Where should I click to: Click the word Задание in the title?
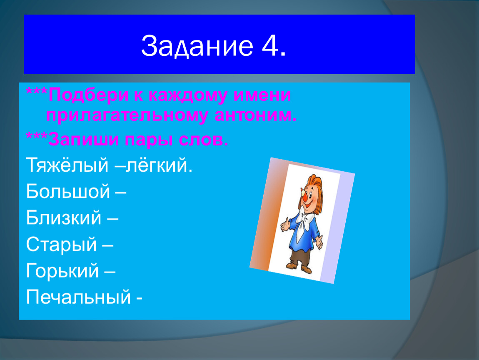(197, 47)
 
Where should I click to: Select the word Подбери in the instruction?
(88, 95)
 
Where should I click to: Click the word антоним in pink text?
(255, 115)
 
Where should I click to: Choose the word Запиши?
(83, 140)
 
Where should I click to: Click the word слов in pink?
(203, 140)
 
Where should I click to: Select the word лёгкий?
(159, 165)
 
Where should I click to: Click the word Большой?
(68, 191)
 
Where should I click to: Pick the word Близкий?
(64, 217)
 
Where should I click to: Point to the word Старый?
(61, 245)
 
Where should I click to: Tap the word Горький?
(62, 271)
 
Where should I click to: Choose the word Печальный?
(78, 297)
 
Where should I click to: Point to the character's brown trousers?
(299, 255)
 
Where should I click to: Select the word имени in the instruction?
(262, 95)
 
